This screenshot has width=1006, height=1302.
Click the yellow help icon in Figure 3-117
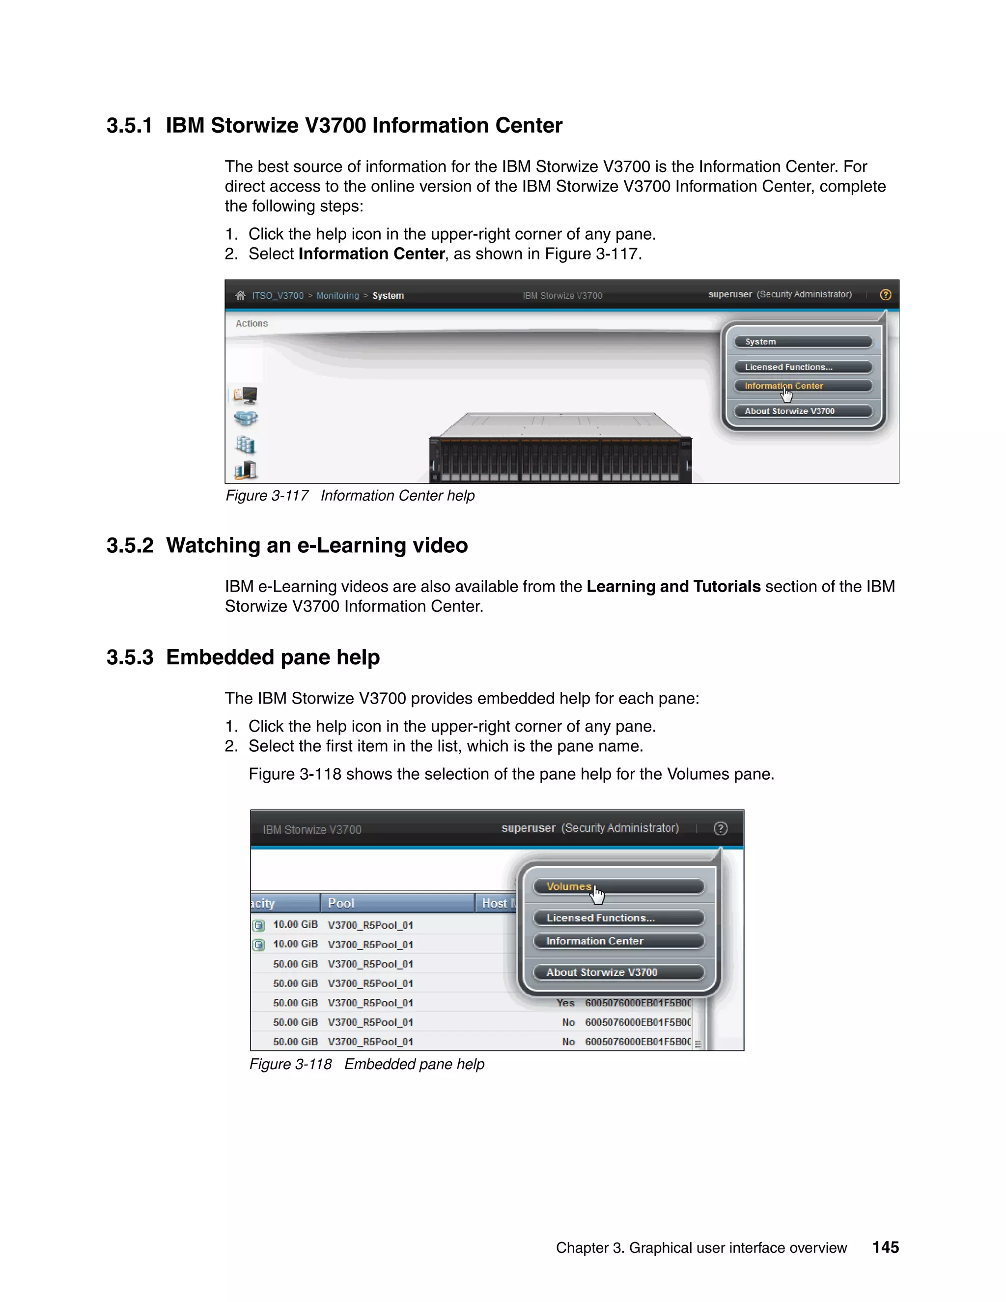[886, 294]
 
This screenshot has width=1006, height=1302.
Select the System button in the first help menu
[803, 341]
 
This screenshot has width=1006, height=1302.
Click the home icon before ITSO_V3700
[240, 296]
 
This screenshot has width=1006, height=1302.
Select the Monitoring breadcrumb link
[337, 296]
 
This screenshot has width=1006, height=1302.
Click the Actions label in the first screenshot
[251, 323]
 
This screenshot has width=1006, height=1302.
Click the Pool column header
[341, 903]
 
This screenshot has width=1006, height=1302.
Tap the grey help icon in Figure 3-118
[720, 828]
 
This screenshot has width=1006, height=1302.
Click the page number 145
[886, 1247]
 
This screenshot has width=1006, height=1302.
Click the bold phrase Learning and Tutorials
[673, 586]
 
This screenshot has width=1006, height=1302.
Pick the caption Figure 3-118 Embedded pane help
[366, 1064]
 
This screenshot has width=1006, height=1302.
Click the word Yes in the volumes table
[565, 1003]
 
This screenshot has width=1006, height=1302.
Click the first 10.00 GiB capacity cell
[295, 925]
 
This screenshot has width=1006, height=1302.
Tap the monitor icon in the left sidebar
[245, 395]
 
